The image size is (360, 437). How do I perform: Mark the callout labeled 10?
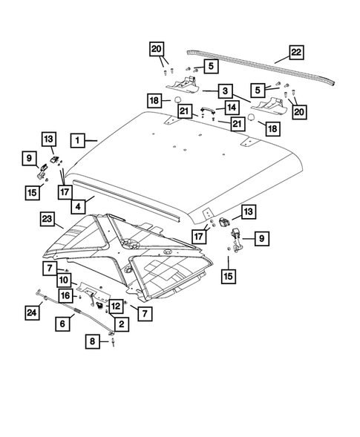tap(65, 280)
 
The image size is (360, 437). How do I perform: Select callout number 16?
tap(65, 295)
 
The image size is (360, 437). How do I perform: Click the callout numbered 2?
tap(120, 323)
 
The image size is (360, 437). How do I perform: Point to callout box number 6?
tap(63, 323)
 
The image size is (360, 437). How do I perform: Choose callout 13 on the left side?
tap(48, 139)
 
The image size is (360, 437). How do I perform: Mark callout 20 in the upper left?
tap(157, 49)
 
